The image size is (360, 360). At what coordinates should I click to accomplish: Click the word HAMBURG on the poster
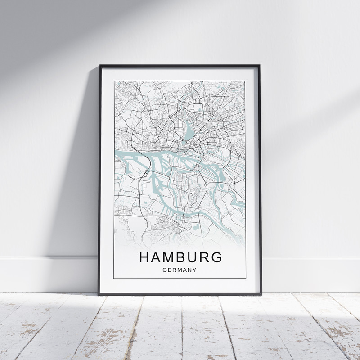tap(181, 257)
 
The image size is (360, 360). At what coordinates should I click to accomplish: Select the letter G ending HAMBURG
tap(217, 257)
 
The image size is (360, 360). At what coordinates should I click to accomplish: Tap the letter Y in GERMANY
tap(194, 270)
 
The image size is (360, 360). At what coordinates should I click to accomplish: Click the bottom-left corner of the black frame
tap(99, 294)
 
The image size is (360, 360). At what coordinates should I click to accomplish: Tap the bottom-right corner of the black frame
tap(261, 294)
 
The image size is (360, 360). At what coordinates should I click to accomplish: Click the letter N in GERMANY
tap(189, 270)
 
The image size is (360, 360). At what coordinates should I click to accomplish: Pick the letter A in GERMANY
tap(185, 270)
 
